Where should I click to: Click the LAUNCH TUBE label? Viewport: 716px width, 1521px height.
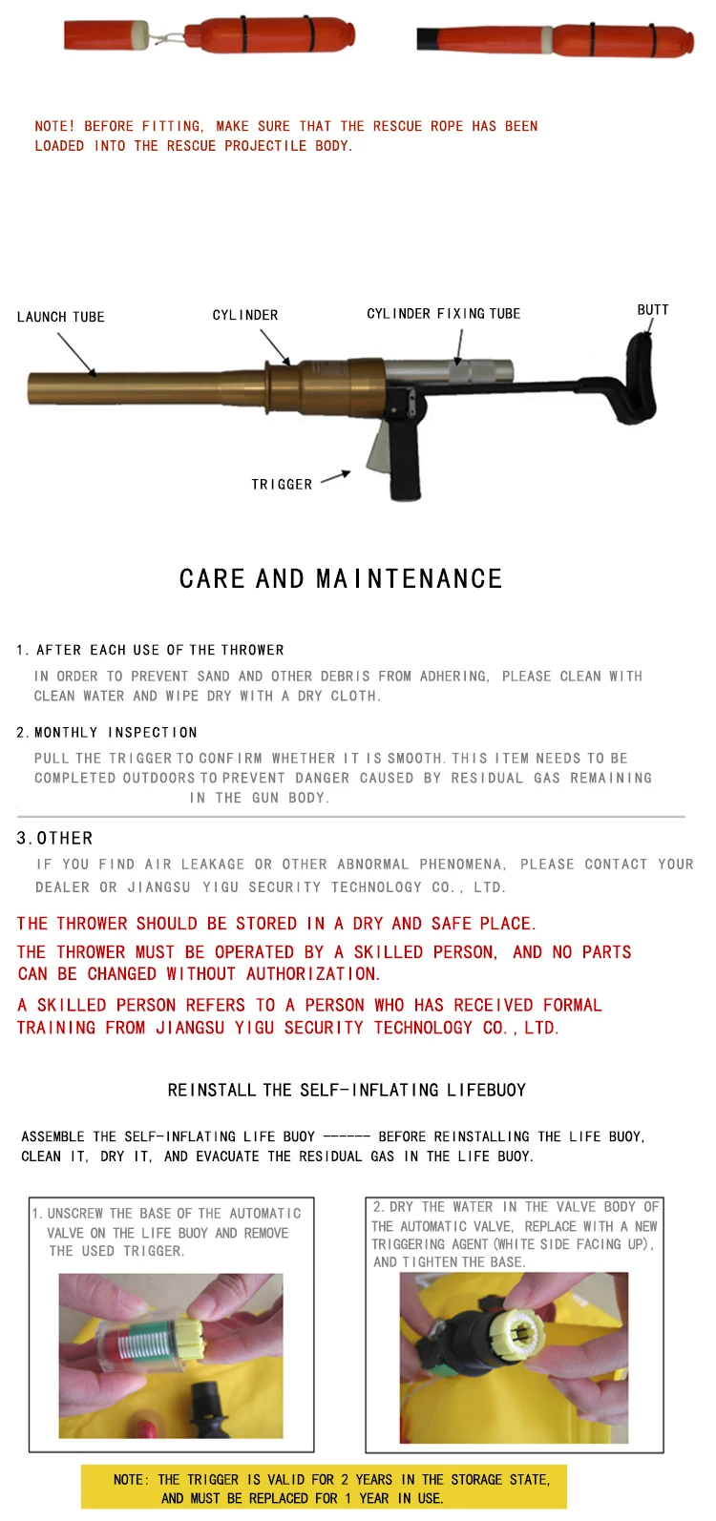[x=61, y=317]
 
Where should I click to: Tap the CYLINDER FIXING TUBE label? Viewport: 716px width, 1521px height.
[x=443, y=314]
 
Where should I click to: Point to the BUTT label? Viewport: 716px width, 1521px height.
[x=653, y=310]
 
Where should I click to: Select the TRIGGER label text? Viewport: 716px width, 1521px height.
[x=282, y=485]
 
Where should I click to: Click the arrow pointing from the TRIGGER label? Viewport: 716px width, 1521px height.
[x=335, y=476]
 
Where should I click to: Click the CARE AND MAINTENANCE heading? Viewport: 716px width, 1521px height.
[x=341, y=579]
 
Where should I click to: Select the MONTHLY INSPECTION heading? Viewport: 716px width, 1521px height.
[x=116, y=733]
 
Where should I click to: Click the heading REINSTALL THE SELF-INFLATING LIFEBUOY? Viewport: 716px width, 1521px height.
[x=347, y=1090]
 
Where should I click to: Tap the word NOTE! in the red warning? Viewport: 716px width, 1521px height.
[x=54, y=126]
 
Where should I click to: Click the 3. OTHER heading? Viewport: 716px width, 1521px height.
[x=55, y=839]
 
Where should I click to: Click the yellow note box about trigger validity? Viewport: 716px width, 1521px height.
[x=324, y=1488]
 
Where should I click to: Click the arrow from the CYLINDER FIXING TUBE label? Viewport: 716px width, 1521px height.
[x=459, y=346]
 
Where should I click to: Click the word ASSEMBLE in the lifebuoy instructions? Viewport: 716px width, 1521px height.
[x=53, y=1136]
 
